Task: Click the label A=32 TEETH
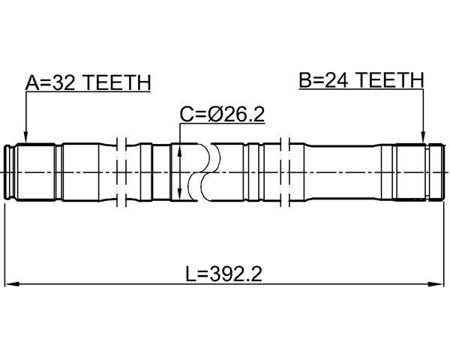coord(88,82)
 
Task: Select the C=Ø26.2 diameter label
coord(223,114)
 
